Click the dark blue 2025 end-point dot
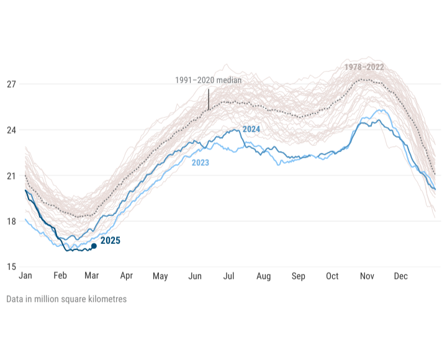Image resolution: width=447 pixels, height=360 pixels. pos(94,246)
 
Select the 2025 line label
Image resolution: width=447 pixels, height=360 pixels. pos(111,240)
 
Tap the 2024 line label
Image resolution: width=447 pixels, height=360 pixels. pos(251,129)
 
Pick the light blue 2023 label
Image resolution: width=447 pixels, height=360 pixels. pos(200,163)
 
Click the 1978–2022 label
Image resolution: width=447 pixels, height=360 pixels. pos(364,67)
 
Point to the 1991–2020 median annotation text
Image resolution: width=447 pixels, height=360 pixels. pos(208,80)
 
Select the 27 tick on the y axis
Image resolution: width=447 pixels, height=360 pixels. pos(11,84)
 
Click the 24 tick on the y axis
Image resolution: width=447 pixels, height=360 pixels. pos(11,130)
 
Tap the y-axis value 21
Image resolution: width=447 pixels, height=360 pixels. pos(11,176)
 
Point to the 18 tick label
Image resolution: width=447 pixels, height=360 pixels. pos(11,222)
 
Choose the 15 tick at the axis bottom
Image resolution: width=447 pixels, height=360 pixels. pos(11,267)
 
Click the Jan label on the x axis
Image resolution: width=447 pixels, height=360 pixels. pos(25,276)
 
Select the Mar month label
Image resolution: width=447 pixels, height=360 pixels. pos(92,276)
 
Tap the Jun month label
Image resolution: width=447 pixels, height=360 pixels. pos(195,276)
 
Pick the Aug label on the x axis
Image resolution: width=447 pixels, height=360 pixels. pos(263,276)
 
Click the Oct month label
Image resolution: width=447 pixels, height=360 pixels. pos(332,276)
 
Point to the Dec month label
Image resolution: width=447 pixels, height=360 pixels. pos(400,276)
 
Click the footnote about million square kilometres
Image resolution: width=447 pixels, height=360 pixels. pos(66,299)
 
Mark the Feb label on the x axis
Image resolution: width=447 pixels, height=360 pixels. pos(60,276)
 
